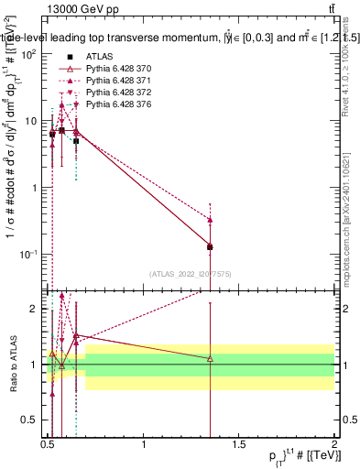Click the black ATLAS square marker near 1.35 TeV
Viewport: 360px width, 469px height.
pyautogui.click(x=211, y=246)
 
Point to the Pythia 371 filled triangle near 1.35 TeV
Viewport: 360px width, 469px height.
pyautogui.click(x=211, y=220)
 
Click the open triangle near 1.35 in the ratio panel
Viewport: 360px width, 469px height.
pyautogui.click(x=211, y=358)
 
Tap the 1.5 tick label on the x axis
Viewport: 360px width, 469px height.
pyautogui.click(x=239, y=442)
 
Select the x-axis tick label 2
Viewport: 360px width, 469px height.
pyautogui.click(x=334, y=442)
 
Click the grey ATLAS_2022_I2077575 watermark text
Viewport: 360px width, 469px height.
pyautogui.click(x=190, y=273)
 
